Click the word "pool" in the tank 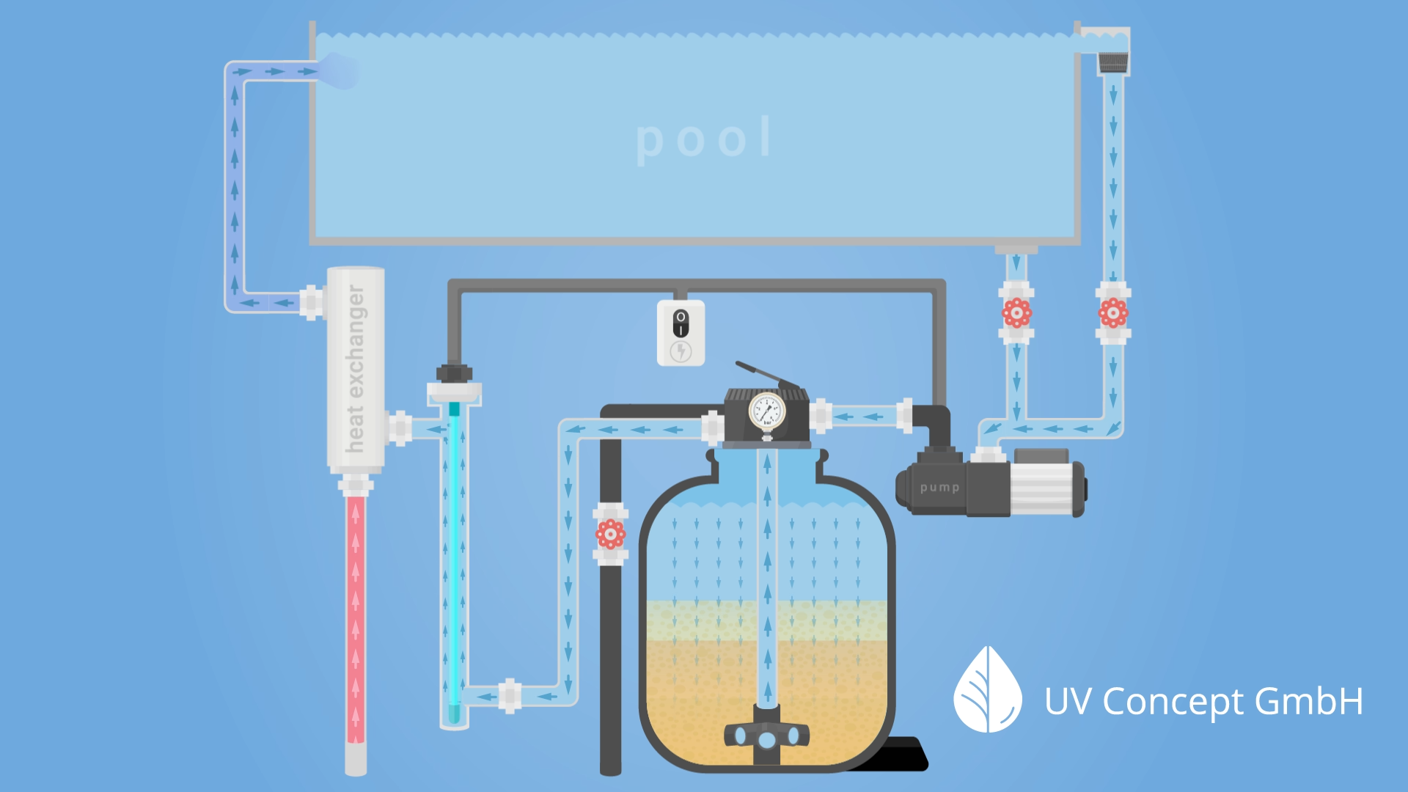click(704, 139)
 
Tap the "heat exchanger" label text click(356, 368)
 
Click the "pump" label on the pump click(939, 488)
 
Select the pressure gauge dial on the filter click(767, 411)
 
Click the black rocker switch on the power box click(681, 323)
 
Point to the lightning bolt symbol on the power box click(681, 352)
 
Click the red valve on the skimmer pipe click(1113, 313)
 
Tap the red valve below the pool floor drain click(1016, 313)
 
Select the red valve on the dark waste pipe click(610, 535)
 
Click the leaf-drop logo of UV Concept click(987, 691)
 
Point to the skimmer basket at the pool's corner click(1113, 63)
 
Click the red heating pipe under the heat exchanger click(356, 616)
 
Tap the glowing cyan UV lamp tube click(454, 557)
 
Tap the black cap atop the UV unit click(454, 373)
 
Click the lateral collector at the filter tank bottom click(766, 736)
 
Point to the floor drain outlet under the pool click(1016, 250)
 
